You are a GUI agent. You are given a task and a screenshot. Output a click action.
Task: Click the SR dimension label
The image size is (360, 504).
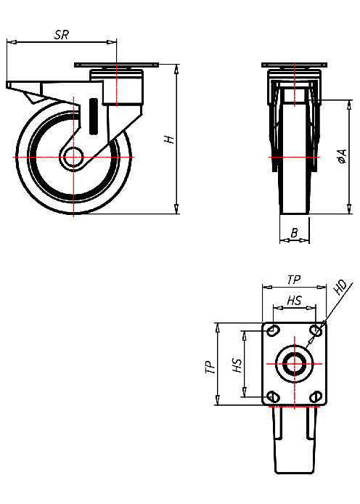62,34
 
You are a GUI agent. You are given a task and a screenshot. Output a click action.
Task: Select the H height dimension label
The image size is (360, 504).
169,138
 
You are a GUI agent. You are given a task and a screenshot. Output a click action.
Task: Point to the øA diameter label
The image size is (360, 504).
342,155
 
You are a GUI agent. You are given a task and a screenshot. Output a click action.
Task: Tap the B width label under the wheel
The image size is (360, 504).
294,232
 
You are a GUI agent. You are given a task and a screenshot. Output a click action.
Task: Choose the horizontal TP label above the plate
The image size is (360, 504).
293,279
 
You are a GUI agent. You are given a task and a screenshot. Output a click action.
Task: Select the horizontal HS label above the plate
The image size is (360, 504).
294,300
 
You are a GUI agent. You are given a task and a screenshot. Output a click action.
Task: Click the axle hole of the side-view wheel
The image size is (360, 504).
73,158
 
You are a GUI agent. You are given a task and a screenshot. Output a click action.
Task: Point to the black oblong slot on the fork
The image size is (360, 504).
93,116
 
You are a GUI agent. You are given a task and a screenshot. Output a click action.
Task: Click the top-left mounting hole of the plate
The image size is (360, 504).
273,331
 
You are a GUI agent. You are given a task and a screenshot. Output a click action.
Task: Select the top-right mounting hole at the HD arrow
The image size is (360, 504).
315,331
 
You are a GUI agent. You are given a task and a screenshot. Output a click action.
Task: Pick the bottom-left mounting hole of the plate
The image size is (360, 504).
273,396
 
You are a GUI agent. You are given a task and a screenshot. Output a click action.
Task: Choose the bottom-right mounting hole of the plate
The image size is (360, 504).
315,396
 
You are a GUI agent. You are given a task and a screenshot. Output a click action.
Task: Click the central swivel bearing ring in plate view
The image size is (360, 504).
294,364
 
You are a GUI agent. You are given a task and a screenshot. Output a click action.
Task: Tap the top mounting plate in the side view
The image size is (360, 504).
116,67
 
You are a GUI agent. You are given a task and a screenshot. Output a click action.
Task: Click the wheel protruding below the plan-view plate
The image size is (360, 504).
294,443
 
